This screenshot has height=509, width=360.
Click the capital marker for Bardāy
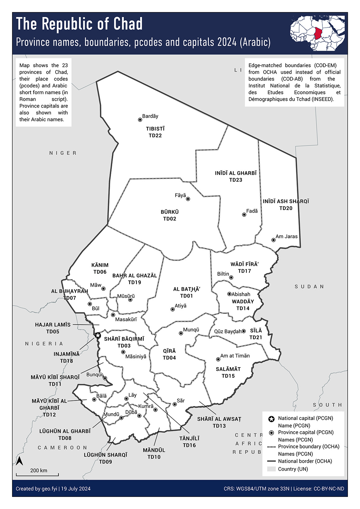[140, 120]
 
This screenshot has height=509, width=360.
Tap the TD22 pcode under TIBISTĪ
[155, 136]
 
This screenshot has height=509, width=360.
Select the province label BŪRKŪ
[169, 212]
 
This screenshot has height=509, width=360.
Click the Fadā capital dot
[244, 215]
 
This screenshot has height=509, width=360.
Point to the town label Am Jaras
[286, 236]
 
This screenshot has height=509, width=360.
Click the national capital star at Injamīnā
[98, 335]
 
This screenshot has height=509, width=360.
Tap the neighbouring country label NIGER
[63, 153]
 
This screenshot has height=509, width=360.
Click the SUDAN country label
[309, 286]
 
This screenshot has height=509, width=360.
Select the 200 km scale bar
[37, 474]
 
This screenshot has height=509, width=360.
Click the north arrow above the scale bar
[20, 461]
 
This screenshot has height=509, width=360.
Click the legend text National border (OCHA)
[305, 461]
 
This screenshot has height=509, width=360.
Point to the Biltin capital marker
[231, 277]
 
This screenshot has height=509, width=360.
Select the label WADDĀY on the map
[243, 302]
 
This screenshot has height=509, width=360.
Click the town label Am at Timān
[235, 356]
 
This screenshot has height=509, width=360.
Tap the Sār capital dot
[175, 404]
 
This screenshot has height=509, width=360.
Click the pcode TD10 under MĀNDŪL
[154, 457]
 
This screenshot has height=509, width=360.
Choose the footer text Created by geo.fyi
[36, 488]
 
